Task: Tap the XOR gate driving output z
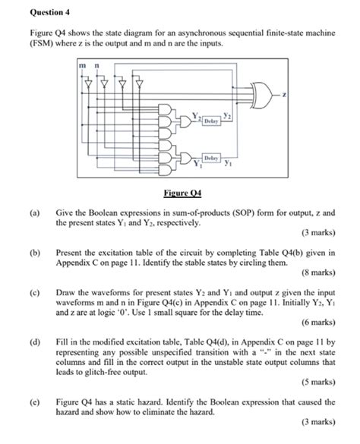tap(267, 93)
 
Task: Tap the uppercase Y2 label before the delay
tap(195, 117)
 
